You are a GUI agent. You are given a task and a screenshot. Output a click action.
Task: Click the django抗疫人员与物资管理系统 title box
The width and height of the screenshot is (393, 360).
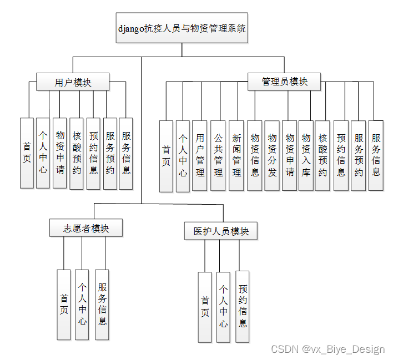click(x=182, y=28)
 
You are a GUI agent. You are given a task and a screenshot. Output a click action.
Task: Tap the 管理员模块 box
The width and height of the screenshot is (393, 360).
click(x=284, y=82)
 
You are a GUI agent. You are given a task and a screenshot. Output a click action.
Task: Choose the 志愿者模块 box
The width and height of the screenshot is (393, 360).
click(x=85, y=228)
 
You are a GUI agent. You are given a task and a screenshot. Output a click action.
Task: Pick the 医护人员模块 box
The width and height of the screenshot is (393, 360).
click(x=221, y=231)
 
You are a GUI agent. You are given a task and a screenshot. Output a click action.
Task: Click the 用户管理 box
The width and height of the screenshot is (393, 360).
click(x=200, y=156)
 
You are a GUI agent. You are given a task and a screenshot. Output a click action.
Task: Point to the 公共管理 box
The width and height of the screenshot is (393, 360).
click(x=218, y=156)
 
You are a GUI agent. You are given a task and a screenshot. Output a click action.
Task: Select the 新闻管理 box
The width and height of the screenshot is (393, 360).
click(x=236, y=156)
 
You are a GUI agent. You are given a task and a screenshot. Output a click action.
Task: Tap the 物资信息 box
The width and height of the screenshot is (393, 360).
click(x=255, y=156)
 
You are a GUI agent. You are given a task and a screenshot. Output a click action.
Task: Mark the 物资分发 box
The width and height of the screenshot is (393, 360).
click(x=272, y=156)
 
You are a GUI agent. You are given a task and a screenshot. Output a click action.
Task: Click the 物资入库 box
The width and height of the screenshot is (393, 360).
click(x=306, y=156)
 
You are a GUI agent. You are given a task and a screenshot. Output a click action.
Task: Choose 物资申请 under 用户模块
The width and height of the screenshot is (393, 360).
click(x=60, y=153)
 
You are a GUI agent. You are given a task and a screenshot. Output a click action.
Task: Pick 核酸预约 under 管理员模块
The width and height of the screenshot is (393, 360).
click(x=323, y=156)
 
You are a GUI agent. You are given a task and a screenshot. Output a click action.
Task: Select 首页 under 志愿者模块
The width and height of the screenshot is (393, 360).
click(x=64, y=305)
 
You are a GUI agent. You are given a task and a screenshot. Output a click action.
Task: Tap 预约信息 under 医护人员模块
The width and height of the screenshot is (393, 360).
click(x=243, y=306)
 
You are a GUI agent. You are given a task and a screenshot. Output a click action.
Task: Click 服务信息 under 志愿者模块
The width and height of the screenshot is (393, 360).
click(x=102, y=305)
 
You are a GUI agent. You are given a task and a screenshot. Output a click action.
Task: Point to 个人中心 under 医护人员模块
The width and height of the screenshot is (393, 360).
click(x=223, y=307)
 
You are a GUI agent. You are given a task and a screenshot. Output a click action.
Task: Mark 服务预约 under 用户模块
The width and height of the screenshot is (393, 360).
click(x=110, y=153)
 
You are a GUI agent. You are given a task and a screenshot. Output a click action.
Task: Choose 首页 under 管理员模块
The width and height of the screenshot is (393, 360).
click(x=166, y=156)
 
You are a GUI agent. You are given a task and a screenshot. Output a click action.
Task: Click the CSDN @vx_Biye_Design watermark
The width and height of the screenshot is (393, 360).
click(x=327, y=349)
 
